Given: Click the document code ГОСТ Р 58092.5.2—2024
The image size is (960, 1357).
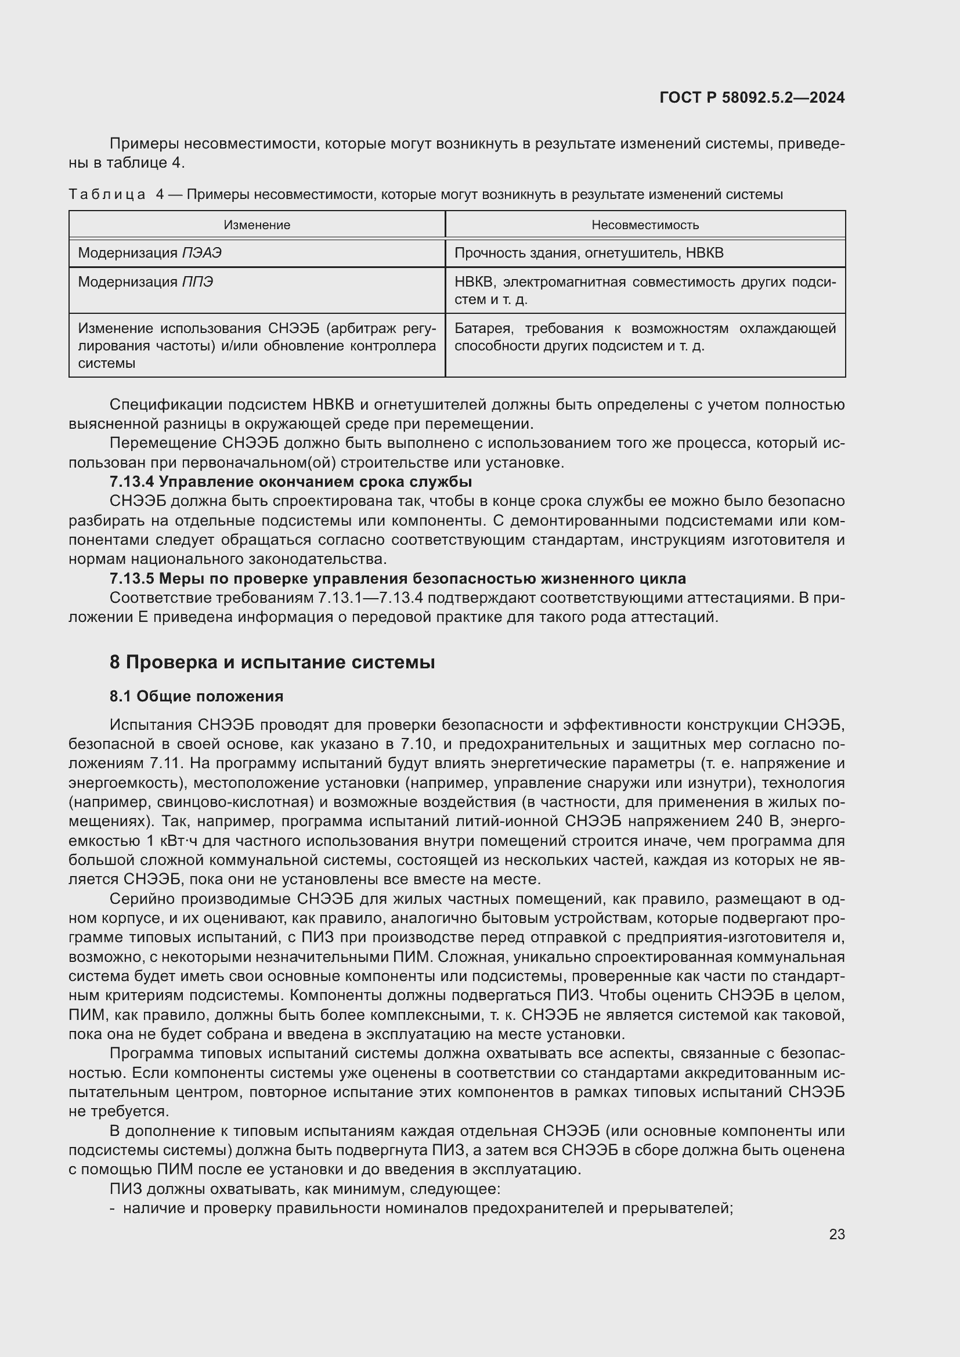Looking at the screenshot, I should click(x=751, y=98).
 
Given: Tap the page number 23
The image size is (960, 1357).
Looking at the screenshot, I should click(x=836, y=1234).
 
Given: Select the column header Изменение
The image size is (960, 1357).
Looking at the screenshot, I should click(x=257, y=225).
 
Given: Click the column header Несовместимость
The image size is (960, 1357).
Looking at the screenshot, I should click(x=645, y=225).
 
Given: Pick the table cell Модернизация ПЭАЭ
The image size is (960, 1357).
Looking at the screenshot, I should click(x=150, y=254).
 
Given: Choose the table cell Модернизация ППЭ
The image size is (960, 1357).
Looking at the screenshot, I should click(x=146, y=283).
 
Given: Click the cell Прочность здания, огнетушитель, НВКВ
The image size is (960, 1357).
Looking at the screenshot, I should click(x=589, y=254).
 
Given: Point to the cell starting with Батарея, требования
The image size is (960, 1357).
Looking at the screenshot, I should click(x=645, y=337).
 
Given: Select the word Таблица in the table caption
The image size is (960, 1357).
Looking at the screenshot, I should click(x=107, y=194).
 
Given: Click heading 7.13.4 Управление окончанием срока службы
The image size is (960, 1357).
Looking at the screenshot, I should click(x=290, y=482).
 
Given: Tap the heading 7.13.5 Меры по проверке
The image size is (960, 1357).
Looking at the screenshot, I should click(x=397, y=578).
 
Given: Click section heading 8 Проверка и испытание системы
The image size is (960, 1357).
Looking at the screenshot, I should click(x=272, y=662).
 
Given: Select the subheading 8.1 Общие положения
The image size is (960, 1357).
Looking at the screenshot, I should click(x=196, y=696).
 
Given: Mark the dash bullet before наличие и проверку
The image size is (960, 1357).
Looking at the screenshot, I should click(x=113, y=1208).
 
